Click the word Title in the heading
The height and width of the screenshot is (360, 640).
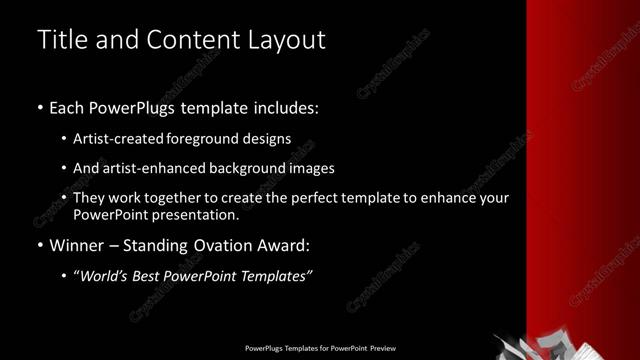61,40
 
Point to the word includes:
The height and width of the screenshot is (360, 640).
284,107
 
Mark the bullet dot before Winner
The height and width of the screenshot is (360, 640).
40,246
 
